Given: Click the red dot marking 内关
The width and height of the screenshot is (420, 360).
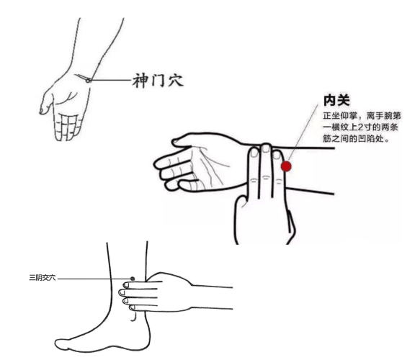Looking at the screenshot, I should point(286,166).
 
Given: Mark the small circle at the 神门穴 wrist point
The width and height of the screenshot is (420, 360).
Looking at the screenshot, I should point(88,80).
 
